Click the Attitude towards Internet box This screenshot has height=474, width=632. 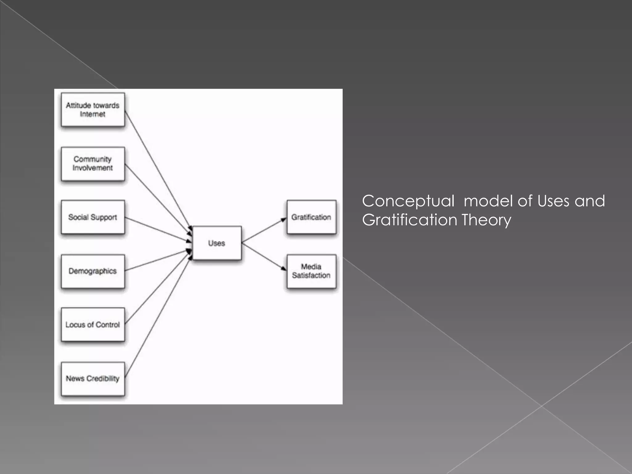pyautogui.click(x=93, y=110)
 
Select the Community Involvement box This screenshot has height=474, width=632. pyautogui.click(x=93, y=164)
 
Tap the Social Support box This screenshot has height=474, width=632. pyautogui.click(x=93, y=217)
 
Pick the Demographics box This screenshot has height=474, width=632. pyautogui.click(x=93, y=271)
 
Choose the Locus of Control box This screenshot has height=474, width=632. pyautogui.click(x=93, y=324)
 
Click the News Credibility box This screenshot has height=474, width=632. pyautogui.click(x=93, y=378)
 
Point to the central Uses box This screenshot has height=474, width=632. pyautogui.click(x=217, y=243)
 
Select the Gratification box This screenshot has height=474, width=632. pyautogui.click(x=311, y=217)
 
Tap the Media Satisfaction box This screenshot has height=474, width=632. pyautogui.click(x=311, y=271)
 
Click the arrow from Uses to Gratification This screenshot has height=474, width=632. pyautogui.click(x=264, y=230)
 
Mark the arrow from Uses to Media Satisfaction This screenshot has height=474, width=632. pyautogui.click(x=264, y=256)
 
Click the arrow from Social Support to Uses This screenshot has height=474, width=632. pyautogui.click(x=157, y=229)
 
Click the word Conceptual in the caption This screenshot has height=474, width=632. pyautogui.click(x=408, y=201)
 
